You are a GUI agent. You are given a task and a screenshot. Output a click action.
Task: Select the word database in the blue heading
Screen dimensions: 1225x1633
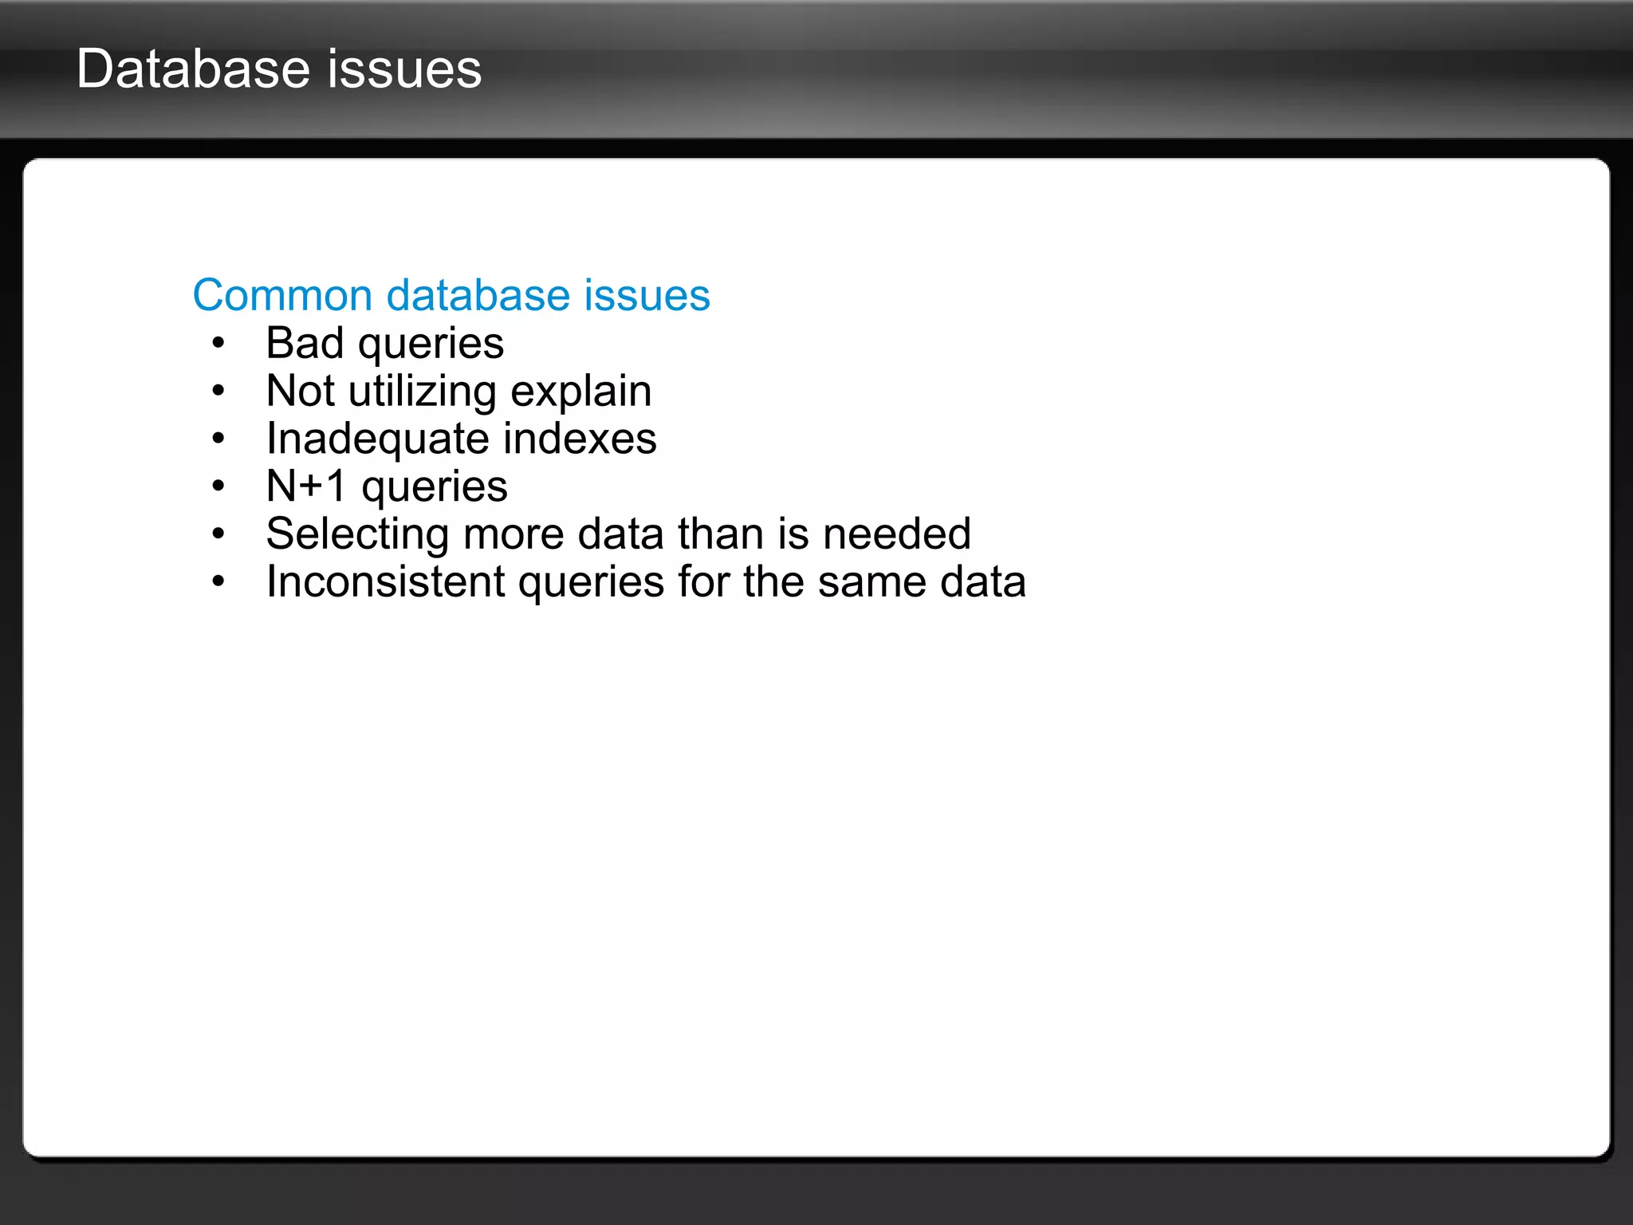[478, 295]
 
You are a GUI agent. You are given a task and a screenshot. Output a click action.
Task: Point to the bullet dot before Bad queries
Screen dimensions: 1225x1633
[218, 344]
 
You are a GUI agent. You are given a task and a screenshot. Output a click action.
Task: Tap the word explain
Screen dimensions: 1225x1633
[580, 392]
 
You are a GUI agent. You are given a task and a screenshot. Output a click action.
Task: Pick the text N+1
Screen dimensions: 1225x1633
[306, 486]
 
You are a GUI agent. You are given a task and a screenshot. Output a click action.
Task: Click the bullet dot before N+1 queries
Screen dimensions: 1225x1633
[218, 486]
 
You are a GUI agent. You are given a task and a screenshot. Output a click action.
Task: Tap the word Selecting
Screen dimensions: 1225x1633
[357, 534]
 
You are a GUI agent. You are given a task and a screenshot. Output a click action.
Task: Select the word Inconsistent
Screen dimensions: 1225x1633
[385, 581]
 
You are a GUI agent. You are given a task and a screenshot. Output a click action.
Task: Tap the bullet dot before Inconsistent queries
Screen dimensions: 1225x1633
[218, 582]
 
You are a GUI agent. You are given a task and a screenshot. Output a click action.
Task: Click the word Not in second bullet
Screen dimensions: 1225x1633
[300, 391]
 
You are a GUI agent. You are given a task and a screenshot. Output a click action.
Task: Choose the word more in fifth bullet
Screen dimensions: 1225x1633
[514, 534]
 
